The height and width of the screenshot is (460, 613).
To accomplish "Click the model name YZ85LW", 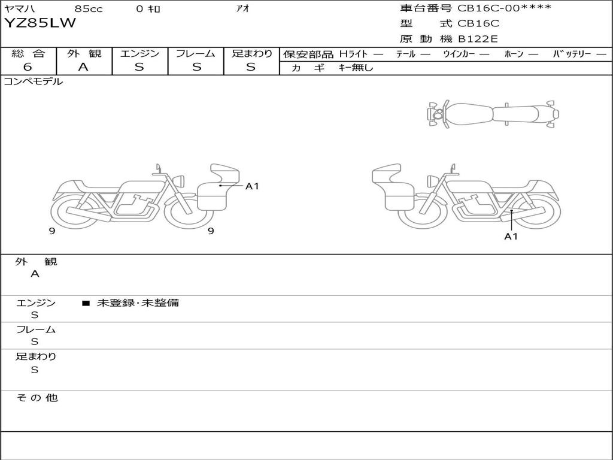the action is point(40,23).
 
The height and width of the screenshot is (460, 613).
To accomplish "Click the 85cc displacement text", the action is point(87,8).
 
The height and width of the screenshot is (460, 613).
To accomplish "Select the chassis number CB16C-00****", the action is point(504,8).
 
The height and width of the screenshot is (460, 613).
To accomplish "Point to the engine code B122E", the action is point(478,40).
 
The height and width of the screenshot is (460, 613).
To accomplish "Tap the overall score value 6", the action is point(28,67).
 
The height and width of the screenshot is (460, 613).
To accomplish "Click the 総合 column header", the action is point(28,53).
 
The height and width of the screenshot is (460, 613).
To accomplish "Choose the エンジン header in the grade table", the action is point(139,53).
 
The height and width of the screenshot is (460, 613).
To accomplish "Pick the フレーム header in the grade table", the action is point(195,53).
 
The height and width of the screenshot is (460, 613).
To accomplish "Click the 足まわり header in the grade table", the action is point(251,53).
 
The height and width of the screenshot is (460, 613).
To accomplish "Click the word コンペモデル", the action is point(33,81).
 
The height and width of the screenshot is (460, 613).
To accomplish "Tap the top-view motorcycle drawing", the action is point(492,114).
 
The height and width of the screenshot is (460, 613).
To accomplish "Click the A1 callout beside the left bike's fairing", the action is point(252,186).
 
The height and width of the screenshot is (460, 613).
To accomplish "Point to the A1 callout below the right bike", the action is point(511,236).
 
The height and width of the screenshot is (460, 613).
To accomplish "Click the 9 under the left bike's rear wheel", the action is point(53,231).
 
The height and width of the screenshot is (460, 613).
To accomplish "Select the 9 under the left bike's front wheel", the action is point(211,231).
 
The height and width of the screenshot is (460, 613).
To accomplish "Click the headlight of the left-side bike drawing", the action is point(178,180).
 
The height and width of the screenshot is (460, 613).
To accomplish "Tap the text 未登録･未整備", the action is point(138,302).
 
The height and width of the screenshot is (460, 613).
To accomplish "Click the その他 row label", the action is point(37,397).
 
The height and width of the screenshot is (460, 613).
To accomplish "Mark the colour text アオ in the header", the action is point(242,8).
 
